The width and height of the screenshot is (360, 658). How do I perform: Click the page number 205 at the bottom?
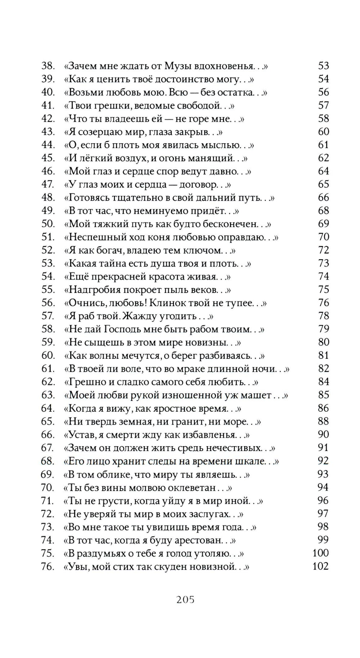click(x=185, y=600)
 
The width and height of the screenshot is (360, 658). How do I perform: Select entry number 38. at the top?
click(x=48, y=66)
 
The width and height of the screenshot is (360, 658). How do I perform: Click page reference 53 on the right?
click(x=323, y=66)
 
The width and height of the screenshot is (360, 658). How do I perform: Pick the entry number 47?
click(x=48, y=184)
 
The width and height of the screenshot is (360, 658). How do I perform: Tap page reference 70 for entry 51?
click(x=323, y=237)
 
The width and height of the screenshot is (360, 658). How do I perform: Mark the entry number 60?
click(x=48, y=355)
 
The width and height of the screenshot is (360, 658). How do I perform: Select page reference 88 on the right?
click(x=323, y=421)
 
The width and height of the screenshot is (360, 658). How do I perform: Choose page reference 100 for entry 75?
click(x=320, y=553)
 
